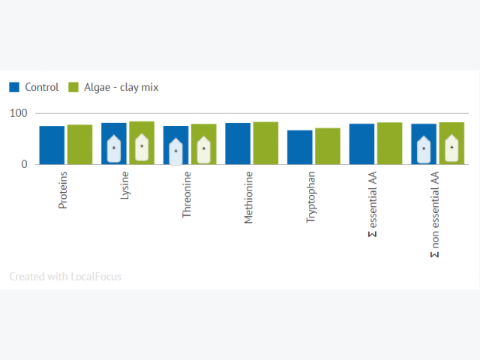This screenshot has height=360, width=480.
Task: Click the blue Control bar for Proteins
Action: [52, 145]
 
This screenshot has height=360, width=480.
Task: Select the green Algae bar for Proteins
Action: [80, 145]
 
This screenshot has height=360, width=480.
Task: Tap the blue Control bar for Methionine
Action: [238, 143]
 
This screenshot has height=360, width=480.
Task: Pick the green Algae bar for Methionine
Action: [265, 143]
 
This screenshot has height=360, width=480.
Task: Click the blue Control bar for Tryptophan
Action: [300, 147]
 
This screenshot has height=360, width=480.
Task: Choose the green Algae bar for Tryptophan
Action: [328, 146]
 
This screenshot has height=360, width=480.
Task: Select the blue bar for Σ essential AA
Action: [361, 144]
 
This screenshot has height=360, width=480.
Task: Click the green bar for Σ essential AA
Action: [390, 143]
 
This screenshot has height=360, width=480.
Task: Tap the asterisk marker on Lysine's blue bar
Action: [114, 148]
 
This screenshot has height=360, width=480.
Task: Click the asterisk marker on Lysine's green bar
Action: [142, 147]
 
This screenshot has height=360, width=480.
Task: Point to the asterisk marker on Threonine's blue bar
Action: [175, 151]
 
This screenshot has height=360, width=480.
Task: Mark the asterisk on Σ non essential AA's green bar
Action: [451, 148]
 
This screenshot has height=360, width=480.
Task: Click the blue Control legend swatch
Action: [14, 87]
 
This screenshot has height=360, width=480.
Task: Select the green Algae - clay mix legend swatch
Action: [73, 87]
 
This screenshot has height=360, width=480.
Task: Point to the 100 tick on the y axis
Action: [18, 113]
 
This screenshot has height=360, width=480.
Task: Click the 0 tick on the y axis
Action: [24, 164]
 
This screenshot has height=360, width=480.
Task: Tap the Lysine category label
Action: [124, 185]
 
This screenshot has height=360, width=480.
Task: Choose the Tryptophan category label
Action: [310, 196]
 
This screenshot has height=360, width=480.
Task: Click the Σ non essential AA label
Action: [435, 214]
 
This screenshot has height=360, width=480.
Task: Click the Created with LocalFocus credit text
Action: [65, 277]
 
